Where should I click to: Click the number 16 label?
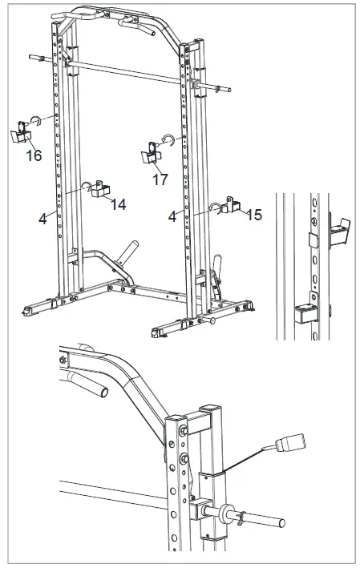[33, 155]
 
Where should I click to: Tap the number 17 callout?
[160, 180]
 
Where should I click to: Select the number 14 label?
[119, 205]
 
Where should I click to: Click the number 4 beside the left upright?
[42, 216]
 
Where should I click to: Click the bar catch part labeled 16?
[18, 133]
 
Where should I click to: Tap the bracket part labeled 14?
[100, 189]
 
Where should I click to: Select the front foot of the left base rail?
[32, 309]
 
